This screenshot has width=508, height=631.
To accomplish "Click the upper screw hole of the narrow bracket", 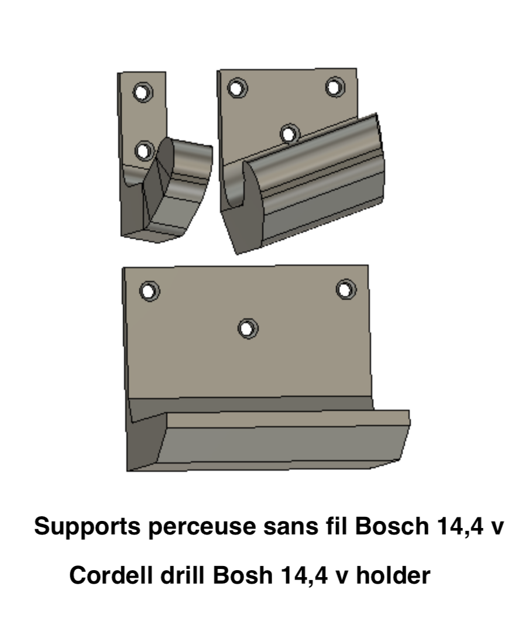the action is tap(142, 92).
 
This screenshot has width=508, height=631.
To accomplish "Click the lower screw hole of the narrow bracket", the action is tap(144, 151).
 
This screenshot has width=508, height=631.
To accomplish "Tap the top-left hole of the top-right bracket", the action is tap(237, 88).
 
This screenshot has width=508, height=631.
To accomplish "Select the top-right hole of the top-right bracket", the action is tap(335, 87).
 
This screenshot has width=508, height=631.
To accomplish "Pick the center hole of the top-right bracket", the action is tap(290, 133).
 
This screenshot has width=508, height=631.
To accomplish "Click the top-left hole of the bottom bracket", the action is tap(149, 290).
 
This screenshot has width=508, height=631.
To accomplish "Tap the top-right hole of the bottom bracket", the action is tap(346, 289).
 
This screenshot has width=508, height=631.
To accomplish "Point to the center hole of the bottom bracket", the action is tap(248, 328).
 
